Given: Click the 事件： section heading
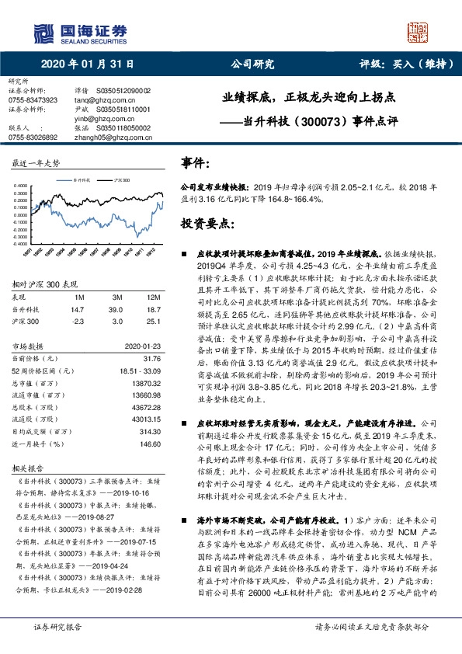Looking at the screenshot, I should pyautogui.click(x=194, y=164).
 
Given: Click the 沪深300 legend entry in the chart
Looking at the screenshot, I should pyautogui.click(x=120, y=179).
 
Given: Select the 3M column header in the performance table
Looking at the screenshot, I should pyautogui.click(x=117, y=297).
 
